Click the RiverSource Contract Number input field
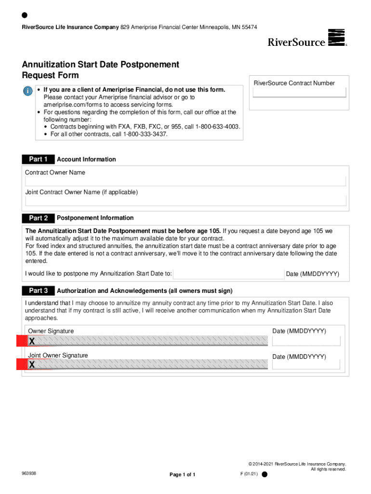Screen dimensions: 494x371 coord(299,93)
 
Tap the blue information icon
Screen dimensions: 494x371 coord(29,91)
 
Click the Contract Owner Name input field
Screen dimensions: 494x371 coord(185,181)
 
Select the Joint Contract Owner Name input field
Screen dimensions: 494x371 coord(185,201)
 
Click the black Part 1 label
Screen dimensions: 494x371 coord(38,159)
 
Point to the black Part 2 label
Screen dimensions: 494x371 coord(38,218)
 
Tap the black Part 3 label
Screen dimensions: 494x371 coord(38,291)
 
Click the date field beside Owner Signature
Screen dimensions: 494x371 coord(306,341)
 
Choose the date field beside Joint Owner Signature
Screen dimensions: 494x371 coord(306,365)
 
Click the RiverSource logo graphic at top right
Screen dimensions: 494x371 coord(336,38)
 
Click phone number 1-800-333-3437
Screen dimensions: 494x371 coord(145,134)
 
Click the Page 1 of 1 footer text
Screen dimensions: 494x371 coord(182,475)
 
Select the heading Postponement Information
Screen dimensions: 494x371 coord(95,218)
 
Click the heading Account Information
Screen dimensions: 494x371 coord(86,159)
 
